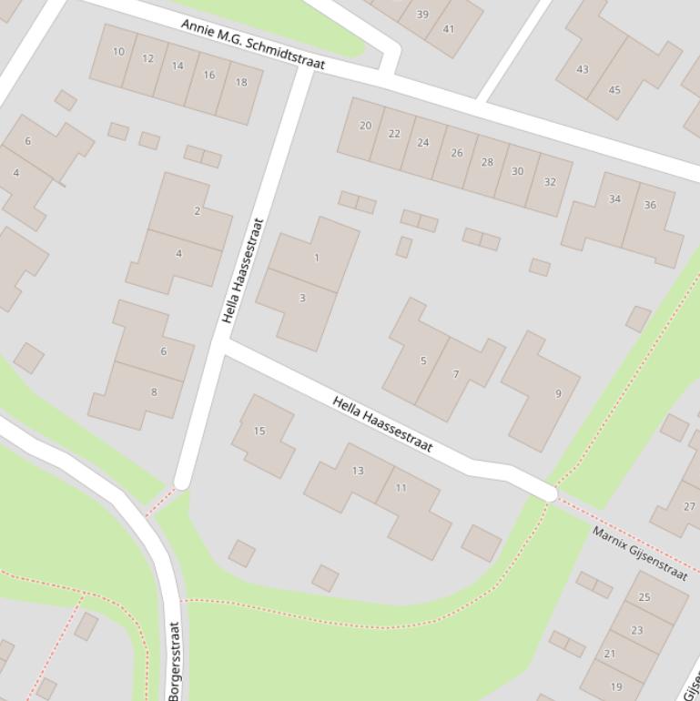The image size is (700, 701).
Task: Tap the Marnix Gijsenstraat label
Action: (x=639, y=552)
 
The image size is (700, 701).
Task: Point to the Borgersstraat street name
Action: (x=175, y=660)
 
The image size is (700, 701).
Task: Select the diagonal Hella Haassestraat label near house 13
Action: (x=382, y=423)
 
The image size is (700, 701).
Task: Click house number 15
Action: (x=259, y=431)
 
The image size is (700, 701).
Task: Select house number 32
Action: (x=550, y=181)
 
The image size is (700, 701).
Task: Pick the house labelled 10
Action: (x=118, y=52)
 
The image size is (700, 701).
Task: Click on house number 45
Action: (x=614, y=89)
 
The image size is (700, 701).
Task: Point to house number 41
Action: (x=449, y=29)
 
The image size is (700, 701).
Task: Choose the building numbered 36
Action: (x=650, y=205)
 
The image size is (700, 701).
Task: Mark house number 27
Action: (x=689, y=506)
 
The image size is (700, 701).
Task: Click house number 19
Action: (x=616, y=686)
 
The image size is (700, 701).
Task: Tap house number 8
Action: (x=154, y=392)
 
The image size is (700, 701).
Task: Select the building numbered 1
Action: (x=317, y=258)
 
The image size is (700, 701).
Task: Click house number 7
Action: (x=456, y=374)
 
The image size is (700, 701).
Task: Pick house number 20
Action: (x=365, y=126)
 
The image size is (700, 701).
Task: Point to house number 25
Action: (x=644, y=597)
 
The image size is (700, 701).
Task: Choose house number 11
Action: (x=401, y=488)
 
